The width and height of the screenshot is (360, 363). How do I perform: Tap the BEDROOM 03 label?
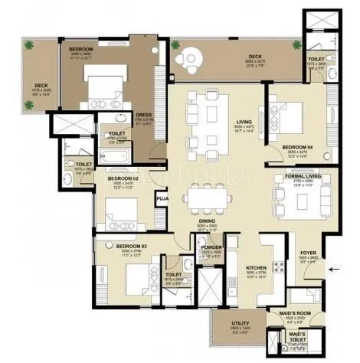(x=129, y=248)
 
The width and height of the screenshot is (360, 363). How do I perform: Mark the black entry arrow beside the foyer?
(x=332, y=269)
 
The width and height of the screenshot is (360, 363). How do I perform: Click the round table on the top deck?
(x=188, y=57)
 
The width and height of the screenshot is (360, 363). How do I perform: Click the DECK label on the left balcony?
(x=39, y=86)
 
